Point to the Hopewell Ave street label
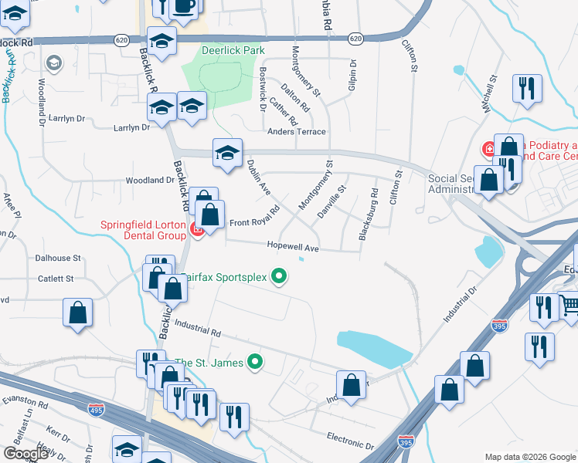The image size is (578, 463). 293,248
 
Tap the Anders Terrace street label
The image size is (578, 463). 297,132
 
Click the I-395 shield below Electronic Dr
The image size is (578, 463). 405,442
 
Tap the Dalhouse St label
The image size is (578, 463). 58,258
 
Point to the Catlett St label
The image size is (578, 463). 54,278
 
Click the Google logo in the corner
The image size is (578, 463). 25,454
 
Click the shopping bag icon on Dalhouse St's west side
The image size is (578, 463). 77,313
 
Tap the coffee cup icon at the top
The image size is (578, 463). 183,5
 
